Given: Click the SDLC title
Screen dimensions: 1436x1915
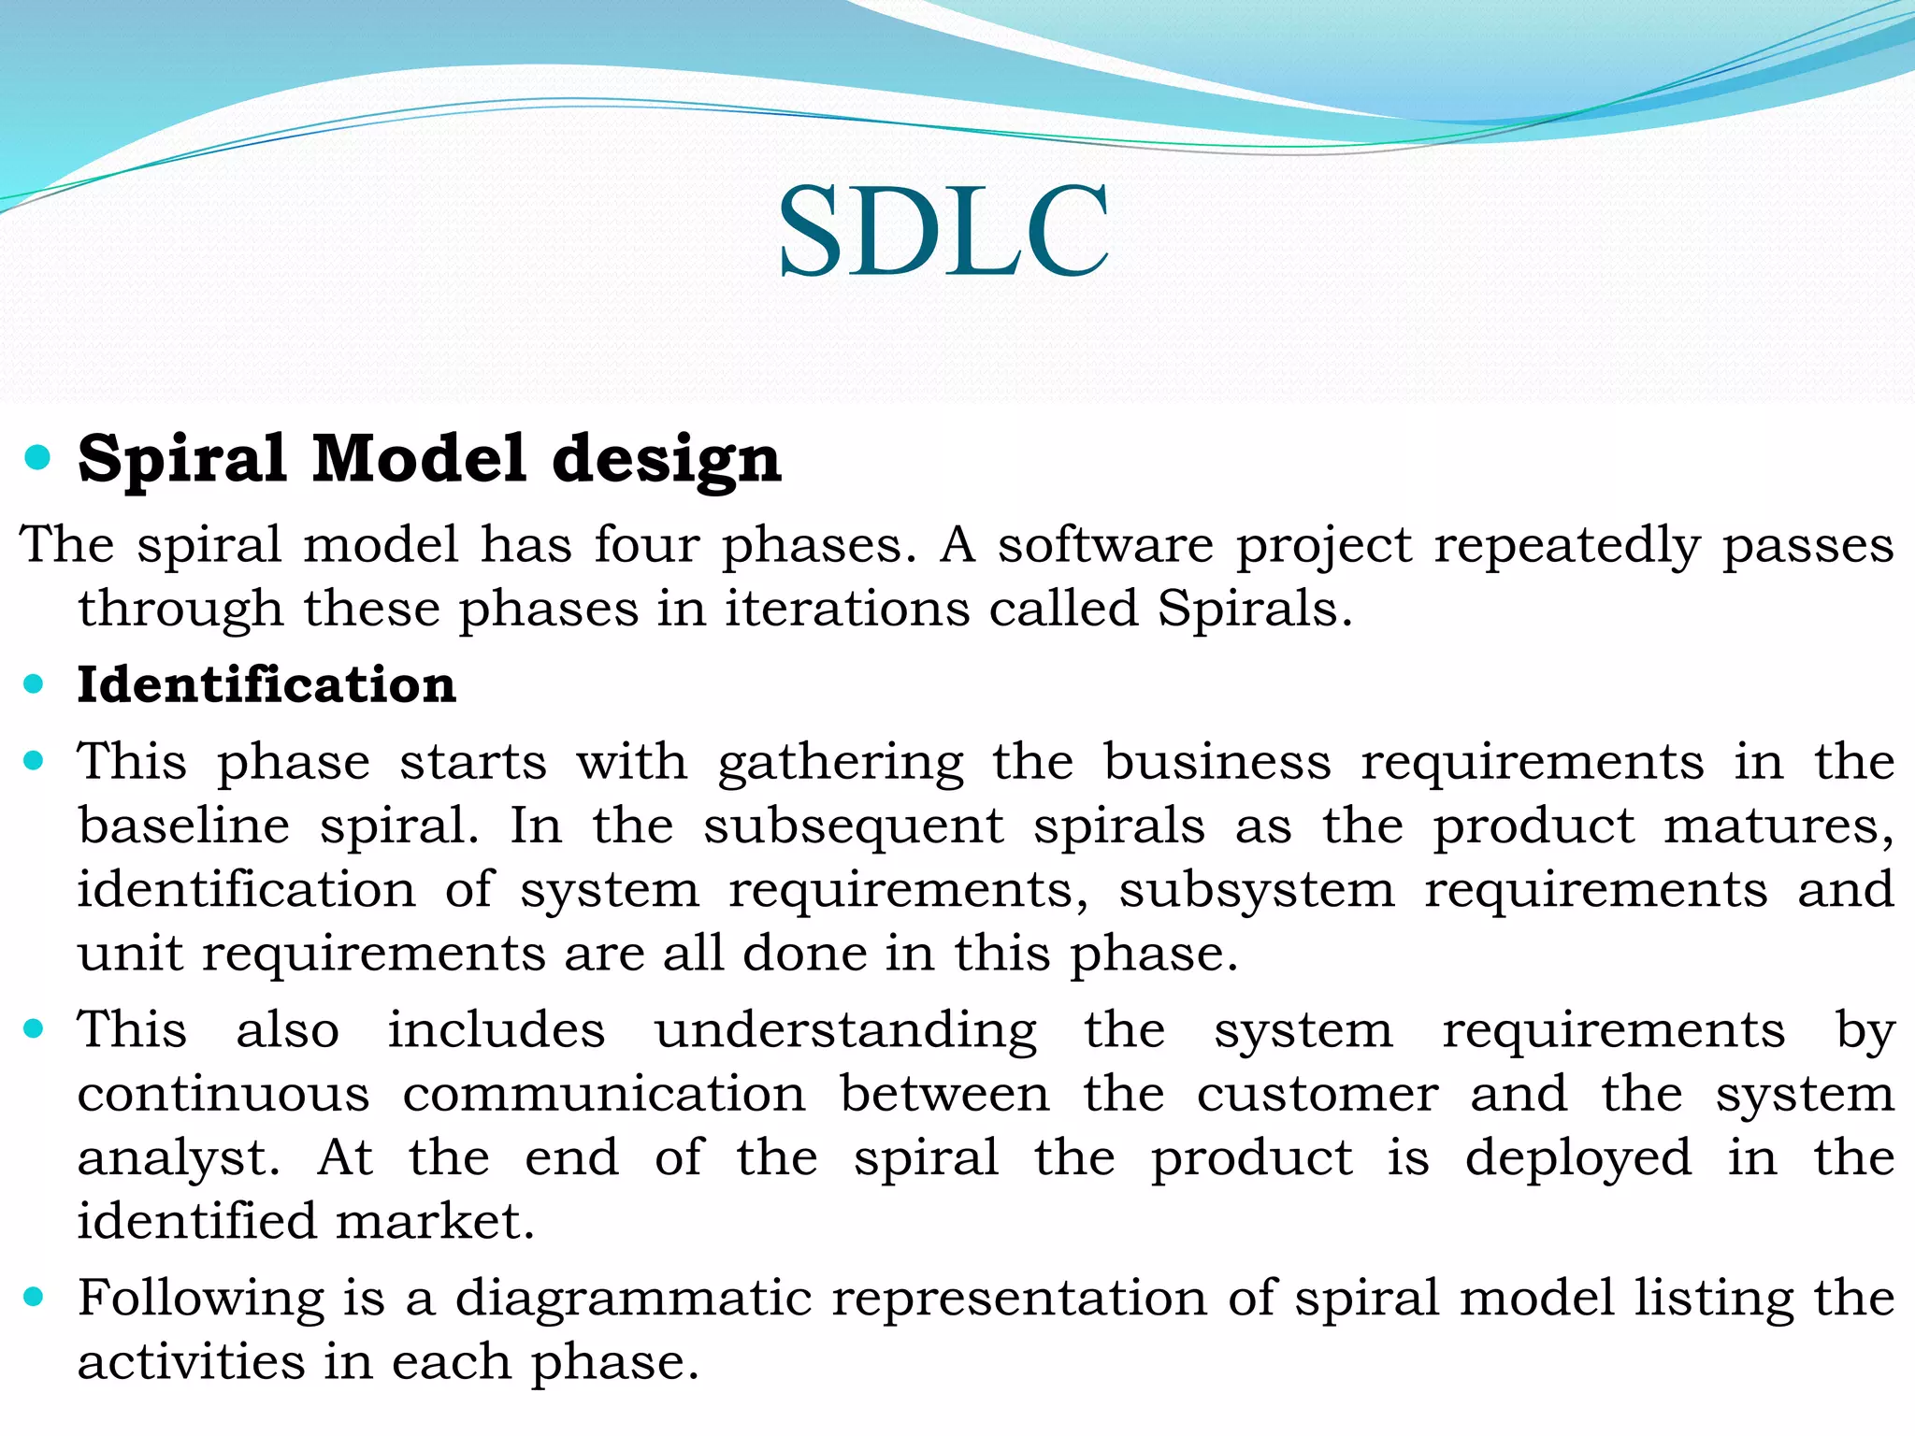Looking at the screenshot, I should coord(943,231).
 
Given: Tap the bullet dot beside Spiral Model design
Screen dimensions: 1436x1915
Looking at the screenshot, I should coord(36,458).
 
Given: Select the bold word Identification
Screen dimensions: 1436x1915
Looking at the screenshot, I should coord(266,684).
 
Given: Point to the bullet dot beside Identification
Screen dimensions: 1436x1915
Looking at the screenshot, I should coord(35,684).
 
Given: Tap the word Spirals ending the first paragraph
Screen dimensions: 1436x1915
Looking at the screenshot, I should coord(1253,610).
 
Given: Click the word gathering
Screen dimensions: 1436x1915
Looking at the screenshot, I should coord(841,763).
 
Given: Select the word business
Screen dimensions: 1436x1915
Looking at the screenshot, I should coord(1217,761).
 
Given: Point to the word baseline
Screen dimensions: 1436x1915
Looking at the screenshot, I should coord(184,826).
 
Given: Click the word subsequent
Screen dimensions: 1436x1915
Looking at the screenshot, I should coord(853,827).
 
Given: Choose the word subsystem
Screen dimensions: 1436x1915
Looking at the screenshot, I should coord(1256,890).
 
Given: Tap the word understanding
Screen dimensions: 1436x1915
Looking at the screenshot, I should coord(845,1031).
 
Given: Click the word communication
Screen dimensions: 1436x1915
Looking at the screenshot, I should coord(604,1094).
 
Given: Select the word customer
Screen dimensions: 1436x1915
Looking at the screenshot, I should coord(1317,1094).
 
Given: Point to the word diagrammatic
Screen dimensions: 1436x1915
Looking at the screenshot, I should coord(633,1300).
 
